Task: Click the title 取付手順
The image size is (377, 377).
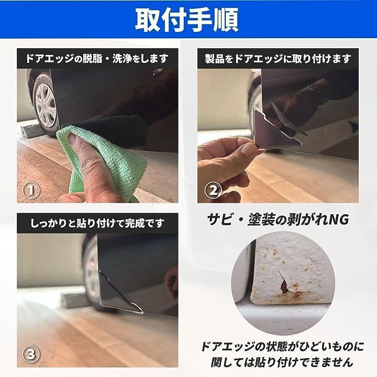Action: [x=187, y=20]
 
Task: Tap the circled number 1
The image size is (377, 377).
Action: [x=31, y=190]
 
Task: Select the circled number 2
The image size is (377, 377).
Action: [x=213, y=191]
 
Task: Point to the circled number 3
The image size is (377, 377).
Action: [x=31, y=354]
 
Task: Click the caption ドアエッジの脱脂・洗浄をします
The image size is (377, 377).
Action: [x=97, y=59]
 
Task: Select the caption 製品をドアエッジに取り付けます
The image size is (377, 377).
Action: [x=278, y=59]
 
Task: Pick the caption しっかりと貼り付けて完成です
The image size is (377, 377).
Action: [x=97, y=224]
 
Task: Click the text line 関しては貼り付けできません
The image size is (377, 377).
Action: [x=282, y=361]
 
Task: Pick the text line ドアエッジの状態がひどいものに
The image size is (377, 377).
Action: [x=282, y=346]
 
